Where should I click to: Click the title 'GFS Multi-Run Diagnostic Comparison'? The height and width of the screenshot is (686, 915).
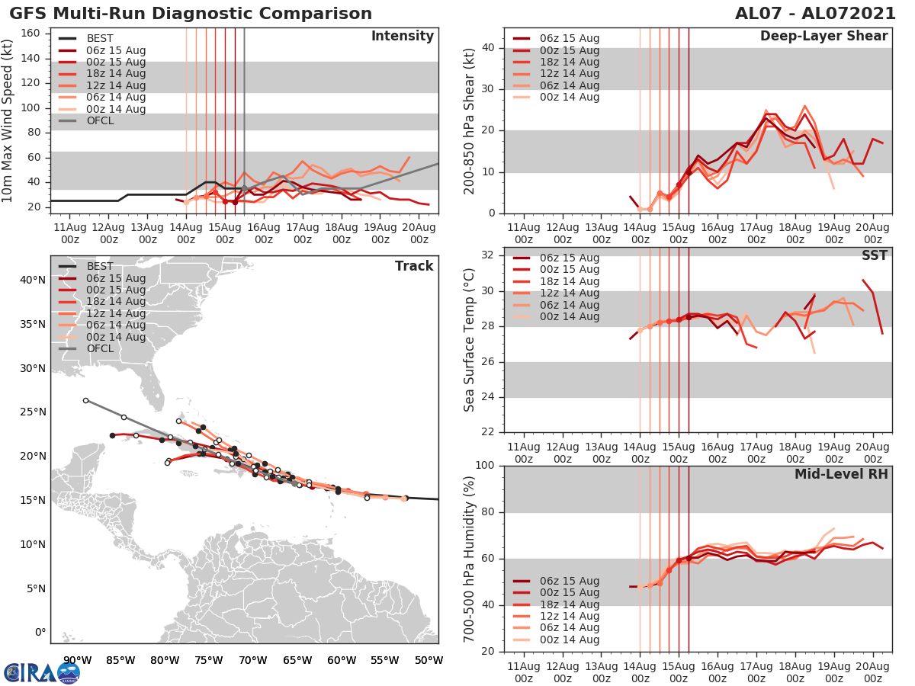point(191,14)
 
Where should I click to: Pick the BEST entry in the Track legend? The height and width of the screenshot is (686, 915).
point(100,266)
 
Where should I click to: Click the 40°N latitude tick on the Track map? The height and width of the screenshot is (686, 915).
point(33,280)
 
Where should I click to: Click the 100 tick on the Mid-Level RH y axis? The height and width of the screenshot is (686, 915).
point(484,465)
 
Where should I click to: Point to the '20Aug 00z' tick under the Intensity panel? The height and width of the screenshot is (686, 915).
point(419,232)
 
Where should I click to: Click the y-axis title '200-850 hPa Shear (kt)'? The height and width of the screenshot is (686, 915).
point(470,120)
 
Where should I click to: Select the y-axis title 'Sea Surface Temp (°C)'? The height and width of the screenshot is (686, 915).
point(470,338)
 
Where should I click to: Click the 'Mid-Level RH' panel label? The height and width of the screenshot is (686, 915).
point(841,475)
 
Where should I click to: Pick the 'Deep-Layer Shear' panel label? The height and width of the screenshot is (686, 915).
point(823,37)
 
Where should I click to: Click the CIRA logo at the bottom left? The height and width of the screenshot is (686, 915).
point(42,672)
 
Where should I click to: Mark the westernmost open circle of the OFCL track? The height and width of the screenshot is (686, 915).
point(85,400)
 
